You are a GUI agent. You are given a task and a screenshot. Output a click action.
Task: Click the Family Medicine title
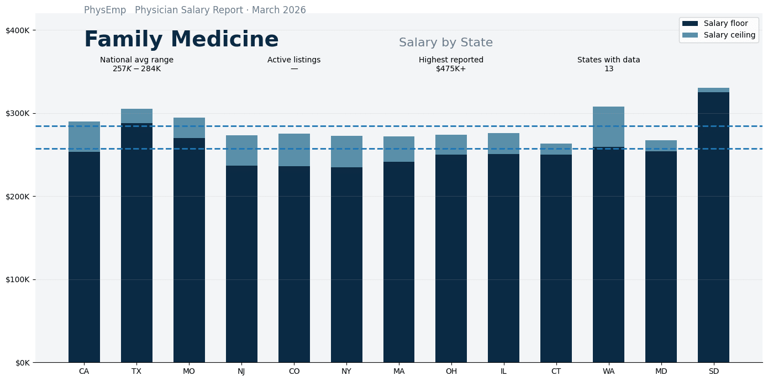pyautogui.click(x=181, y=40)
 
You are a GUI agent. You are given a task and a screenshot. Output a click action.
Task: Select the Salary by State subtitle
pyautogui.click(x=445, y=43)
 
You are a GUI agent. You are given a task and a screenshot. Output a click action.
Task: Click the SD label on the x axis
pyautogui.click(x=713, y=372)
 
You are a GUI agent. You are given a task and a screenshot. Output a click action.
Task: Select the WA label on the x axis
pyautogui.click(x=608, y=372)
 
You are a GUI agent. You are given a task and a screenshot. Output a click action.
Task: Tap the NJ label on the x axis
pyautogui.click(x=241, y=372)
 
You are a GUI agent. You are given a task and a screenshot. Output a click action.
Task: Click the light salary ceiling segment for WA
pyautogui.click(x=608, y=127)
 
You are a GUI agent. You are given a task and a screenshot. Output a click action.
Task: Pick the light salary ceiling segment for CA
pyautogui.click(x=84, y=136)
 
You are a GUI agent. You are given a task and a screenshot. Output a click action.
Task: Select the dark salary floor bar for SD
pyautogui.click(x=713, y=226)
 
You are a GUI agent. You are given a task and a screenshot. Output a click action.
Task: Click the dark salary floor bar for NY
pyautogui.click(x=346, y=265)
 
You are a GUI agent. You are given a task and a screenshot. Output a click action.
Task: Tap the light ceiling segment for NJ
pyautogui.click(x=241, y=150)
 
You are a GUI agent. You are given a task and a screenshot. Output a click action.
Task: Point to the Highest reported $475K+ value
pyautogui.click(x=451, y=69)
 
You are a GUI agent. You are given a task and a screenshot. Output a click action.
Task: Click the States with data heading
pyautogui.click(x=608, y=60)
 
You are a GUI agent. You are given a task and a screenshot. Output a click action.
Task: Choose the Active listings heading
pyautogui.click(x=294, y=60)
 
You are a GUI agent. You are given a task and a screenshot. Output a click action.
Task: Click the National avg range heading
pyautogui.click(x=136, y=60)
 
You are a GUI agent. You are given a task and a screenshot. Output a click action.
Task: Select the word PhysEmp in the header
pyautogui.click(x=105, y=10)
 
